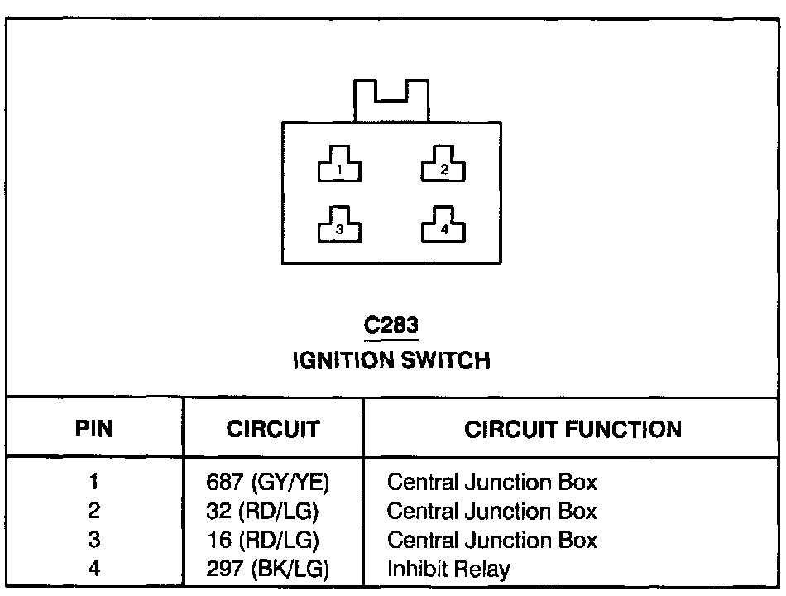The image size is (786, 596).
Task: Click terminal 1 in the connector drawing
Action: click(339, 166)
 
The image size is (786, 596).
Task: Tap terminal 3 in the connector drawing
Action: click(339, 227)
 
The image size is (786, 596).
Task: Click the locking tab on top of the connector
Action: click(391, 100)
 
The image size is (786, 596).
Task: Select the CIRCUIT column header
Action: click(273, 429)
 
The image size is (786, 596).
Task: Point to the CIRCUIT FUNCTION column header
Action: click(573, 429)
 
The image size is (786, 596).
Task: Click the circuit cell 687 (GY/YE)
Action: click(273, 482)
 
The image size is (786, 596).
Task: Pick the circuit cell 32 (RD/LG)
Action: click(262, 511)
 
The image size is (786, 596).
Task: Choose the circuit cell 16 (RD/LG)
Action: click(262, 540)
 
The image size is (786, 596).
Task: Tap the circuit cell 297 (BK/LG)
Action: click(267, 570)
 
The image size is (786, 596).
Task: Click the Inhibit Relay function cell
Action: click(448, 570)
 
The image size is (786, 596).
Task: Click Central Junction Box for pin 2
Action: click(491, 511)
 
